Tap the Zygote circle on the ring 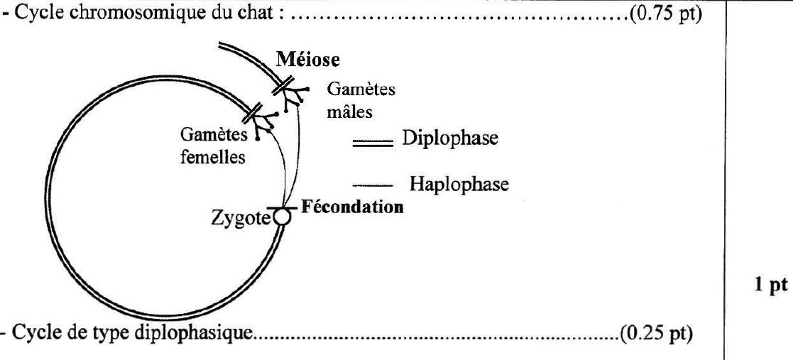pos(283,217)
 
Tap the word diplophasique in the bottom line pos(217,334)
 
